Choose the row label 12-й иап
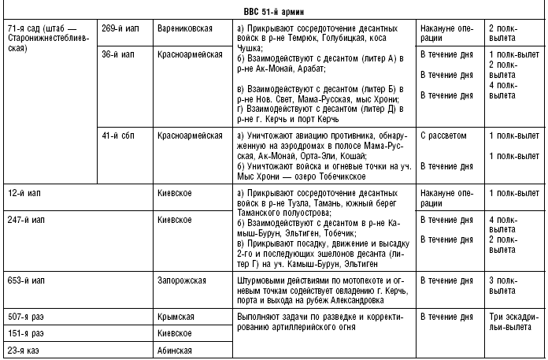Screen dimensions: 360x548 (23, 192)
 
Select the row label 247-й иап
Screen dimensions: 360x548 (25, 217)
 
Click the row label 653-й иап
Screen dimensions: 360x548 (25, 280)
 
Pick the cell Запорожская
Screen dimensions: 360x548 (180, 280)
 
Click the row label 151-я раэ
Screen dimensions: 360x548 (26, 333)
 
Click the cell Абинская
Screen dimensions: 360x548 (175, 351)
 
